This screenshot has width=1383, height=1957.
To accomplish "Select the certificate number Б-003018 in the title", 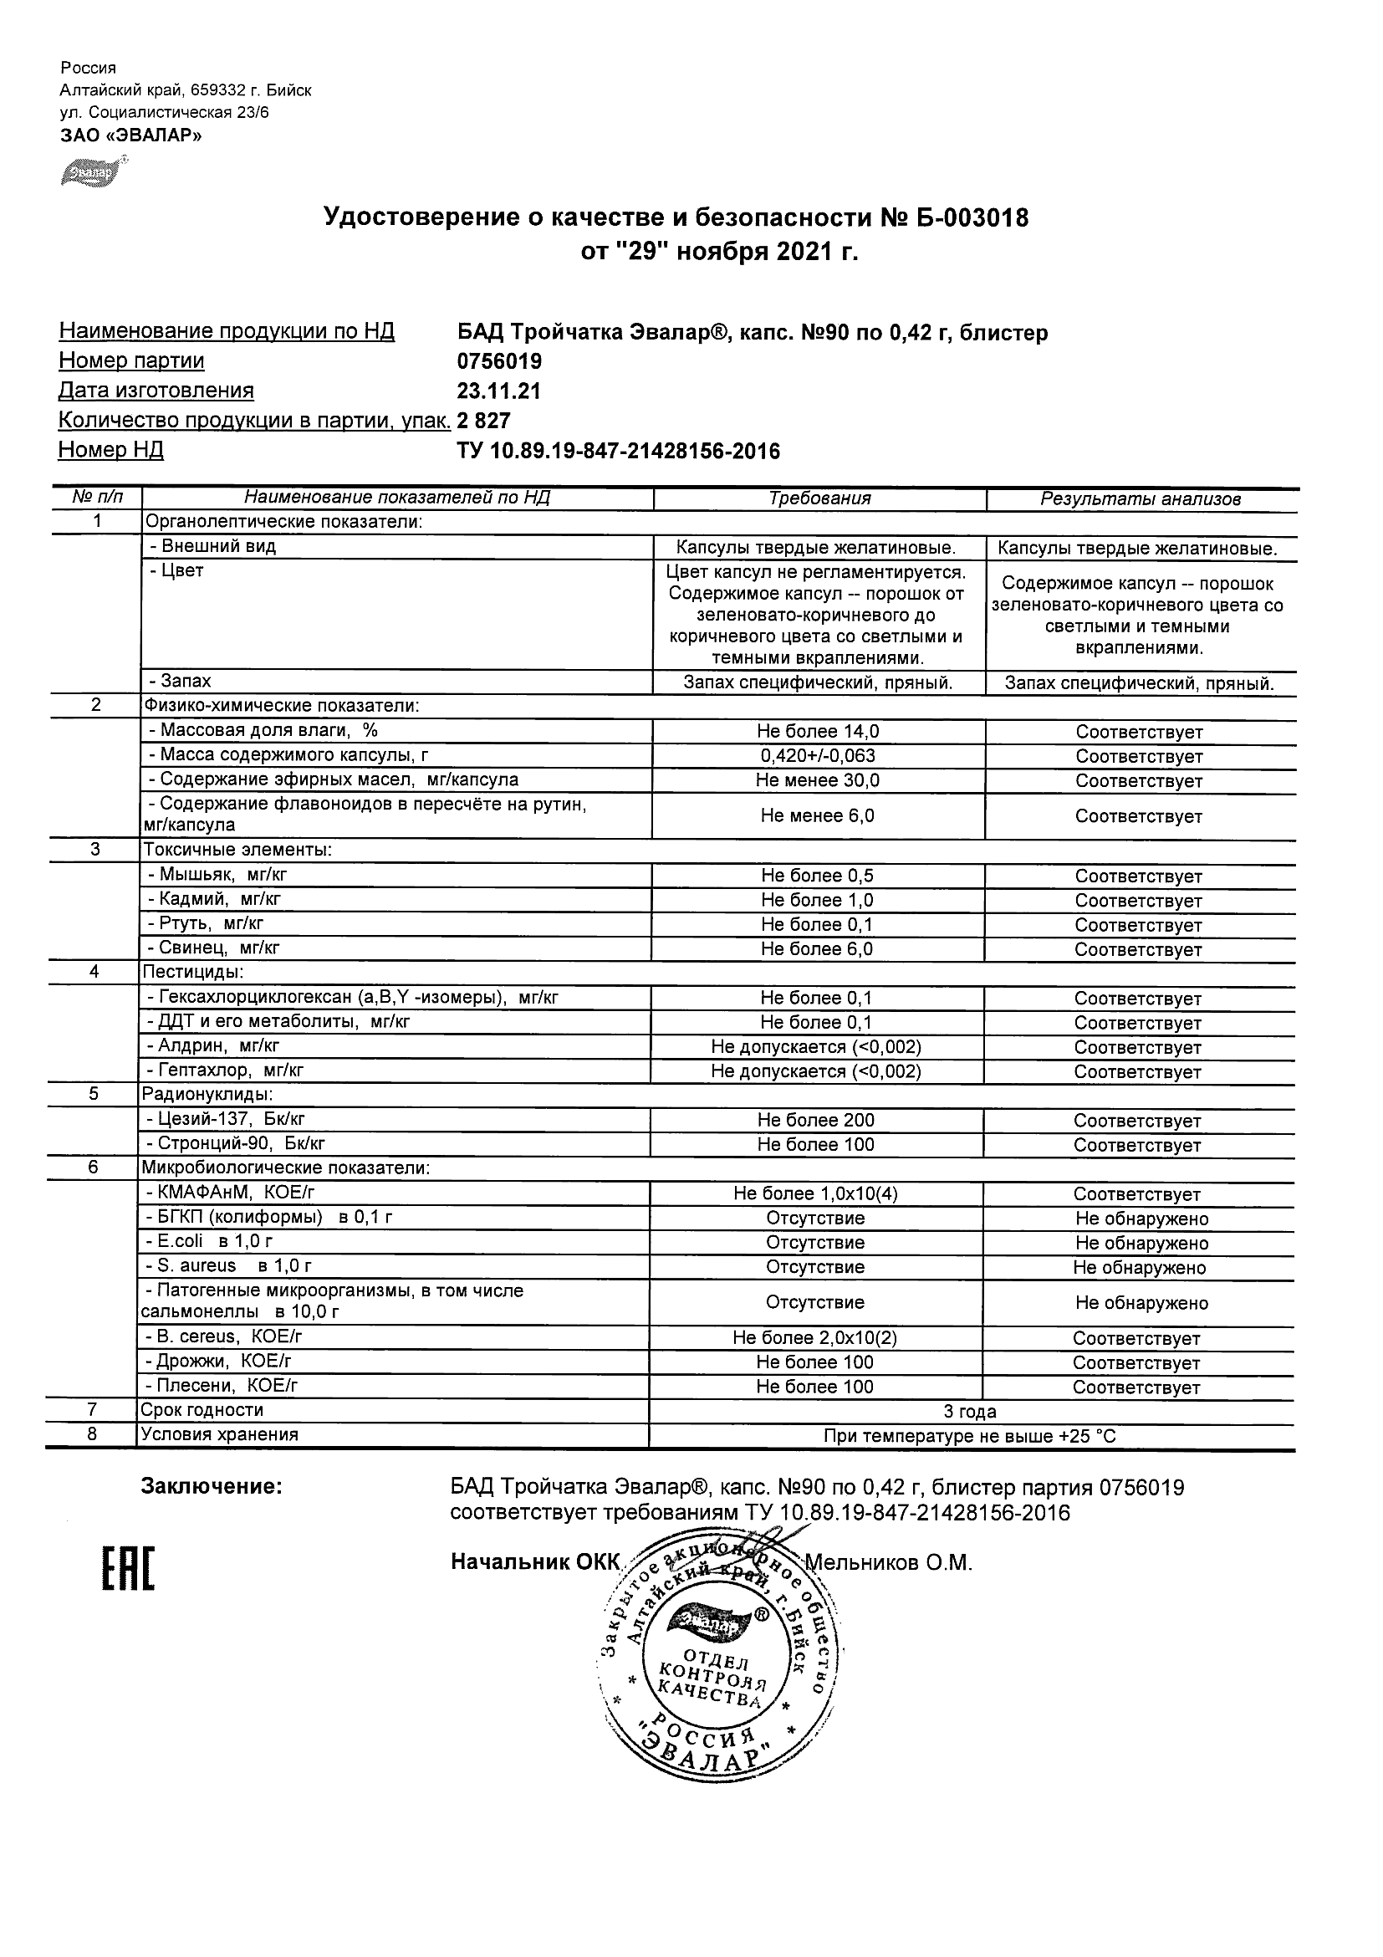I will point(972,218).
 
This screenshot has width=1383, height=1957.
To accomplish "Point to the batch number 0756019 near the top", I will point(499,361).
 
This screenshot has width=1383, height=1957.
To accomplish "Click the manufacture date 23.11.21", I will point(498,391).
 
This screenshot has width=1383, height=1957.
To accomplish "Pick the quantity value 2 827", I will point(484,420).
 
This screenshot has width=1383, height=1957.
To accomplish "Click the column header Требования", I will point(819,498).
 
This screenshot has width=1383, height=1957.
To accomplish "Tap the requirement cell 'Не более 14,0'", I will point(818,731).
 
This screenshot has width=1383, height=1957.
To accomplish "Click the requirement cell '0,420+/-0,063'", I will point(818,756).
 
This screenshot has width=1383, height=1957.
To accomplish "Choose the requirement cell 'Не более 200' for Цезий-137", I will point(815,1120).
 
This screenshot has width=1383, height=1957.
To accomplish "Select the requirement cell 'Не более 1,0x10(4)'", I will point(815,1193).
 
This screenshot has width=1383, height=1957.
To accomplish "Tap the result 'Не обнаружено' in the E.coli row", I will point(1141,1243).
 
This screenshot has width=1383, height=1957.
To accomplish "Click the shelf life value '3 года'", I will point(970,1411).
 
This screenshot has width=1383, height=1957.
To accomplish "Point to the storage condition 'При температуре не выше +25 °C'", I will point(970,1435).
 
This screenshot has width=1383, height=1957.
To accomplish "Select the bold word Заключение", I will point(212,1486).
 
